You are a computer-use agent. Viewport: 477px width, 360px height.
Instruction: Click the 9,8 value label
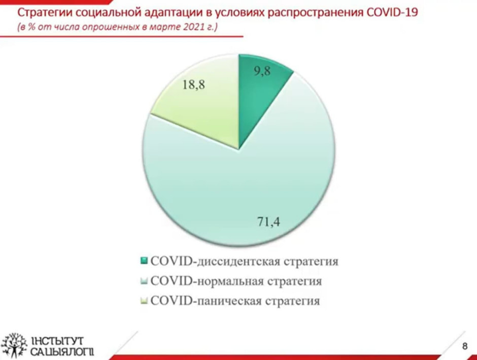262,71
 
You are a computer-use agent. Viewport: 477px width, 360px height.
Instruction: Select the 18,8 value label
194,85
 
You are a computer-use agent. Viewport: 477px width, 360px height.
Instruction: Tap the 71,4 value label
268,221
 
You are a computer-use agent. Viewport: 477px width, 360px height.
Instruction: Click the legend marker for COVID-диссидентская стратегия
144,261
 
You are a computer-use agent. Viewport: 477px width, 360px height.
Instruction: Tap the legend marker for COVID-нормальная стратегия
144,281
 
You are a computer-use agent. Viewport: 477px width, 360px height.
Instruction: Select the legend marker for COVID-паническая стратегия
144,301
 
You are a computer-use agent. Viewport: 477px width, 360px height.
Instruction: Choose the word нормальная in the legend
230,281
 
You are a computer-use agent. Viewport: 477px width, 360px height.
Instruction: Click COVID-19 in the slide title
392,13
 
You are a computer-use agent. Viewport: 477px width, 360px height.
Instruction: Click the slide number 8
464,346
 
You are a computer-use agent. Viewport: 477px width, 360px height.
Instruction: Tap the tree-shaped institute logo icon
14,345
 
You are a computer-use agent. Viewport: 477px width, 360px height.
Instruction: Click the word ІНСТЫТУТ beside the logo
57,341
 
